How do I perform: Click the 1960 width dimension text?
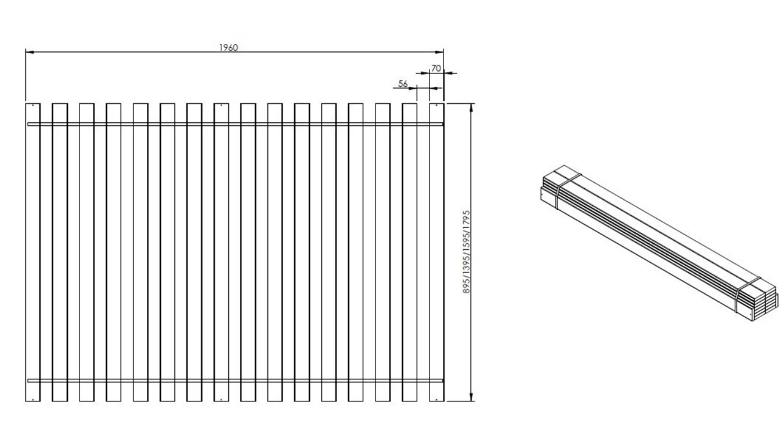(229, 48)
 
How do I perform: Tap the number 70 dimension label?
(436, 68)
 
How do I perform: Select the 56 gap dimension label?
(403, 84)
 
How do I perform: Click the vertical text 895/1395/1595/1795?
(466, 252)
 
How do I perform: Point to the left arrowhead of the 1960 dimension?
(30, 52)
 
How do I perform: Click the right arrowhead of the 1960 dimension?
(439, 52)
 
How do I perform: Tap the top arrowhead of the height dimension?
(471, 108)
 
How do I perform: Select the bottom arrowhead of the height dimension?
(471, 397)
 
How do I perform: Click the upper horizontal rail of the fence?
(236, 124)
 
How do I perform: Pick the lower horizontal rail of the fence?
(236, 381)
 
